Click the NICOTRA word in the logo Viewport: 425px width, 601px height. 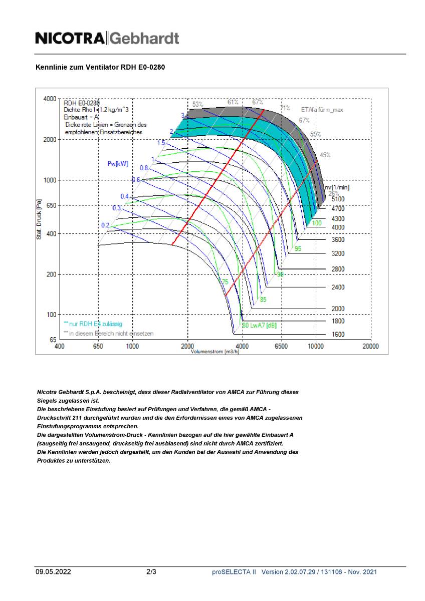[70, 39]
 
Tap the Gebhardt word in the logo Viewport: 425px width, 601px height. [144, 39]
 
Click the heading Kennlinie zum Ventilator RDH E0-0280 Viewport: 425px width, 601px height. [100, 67]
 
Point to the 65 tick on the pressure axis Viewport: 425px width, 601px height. [52, 340]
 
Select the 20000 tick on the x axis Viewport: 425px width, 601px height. [370, 347]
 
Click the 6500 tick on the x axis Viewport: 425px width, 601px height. [281, 347]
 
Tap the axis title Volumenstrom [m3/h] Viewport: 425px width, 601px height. [215, 352]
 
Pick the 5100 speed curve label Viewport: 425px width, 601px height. [338, 199]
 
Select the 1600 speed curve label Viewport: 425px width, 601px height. [338, 335]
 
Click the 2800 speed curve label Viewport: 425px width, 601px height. [338, 269]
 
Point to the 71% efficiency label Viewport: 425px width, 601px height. [285, 108]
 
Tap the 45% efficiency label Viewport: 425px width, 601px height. [325, 155]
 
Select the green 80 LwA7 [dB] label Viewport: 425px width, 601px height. [259, 326]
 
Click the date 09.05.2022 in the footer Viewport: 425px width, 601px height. [53, 571]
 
